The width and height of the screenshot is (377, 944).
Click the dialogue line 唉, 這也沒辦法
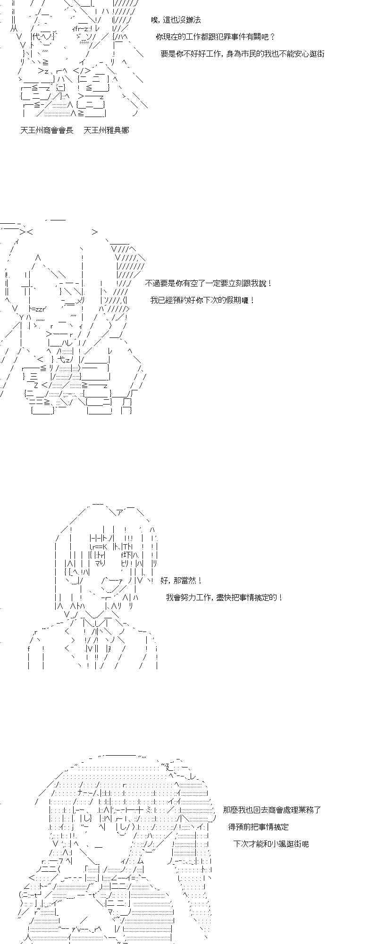(x=176, y=20)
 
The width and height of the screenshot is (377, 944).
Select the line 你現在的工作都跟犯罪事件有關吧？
(x=215, y=37)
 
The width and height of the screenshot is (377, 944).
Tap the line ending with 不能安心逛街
(x=243, y=54)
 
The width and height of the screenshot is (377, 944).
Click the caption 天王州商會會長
(x=47, y=130)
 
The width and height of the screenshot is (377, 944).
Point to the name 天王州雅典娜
(x=106, y=130)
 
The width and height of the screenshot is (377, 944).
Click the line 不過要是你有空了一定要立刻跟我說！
(x=209, y=283)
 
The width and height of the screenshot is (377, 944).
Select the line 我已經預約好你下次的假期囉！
(x=202, y=300)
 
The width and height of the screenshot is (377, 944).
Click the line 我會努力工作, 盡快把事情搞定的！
(x=224, y=597)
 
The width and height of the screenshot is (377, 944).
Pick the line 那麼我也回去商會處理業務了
(x=272, y=810)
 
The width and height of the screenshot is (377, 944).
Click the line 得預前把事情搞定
(x=258, y=826)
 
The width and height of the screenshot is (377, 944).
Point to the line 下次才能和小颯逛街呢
(x=271, y=843)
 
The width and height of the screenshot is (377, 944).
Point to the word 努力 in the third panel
(x=190, y=597)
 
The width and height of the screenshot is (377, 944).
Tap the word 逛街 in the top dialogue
(x=316, y=54)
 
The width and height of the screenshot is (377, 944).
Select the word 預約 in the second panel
(x=182, y=300)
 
